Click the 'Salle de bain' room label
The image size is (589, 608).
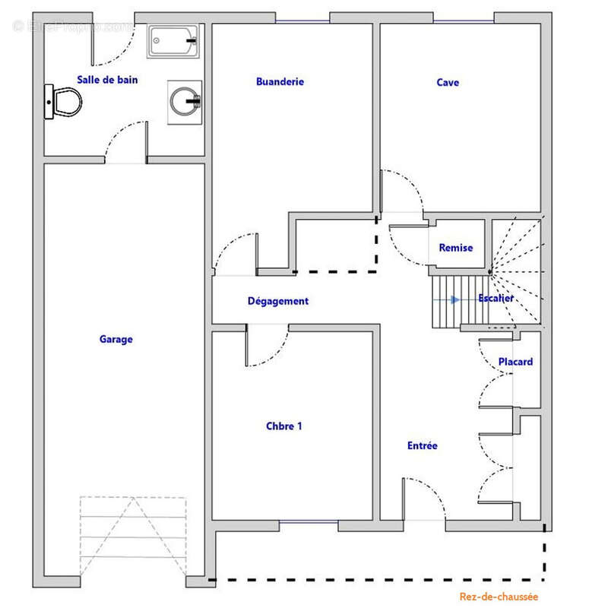(107, 79)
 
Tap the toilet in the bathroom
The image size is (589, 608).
(62, 102)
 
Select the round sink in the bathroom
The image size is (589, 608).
(185, 100)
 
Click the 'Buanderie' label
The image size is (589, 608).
(280, 81)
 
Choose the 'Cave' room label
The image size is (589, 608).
(448, 82)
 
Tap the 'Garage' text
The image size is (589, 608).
(116, 339)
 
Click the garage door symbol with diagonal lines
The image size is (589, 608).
(133, 537)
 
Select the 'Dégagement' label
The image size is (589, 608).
(278, 301)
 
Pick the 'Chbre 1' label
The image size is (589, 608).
(284, 426)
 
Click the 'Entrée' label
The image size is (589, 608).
(422, 446)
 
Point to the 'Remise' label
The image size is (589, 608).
(455, 248)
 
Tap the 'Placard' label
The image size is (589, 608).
(515, 362)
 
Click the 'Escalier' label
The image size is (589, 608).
(496, 299)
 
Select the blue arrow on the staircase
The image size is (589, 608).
(454, 299)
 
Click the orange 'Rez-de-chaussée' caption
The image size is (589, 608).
(499, 597)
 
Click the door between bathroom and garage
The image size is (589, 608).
(124, 143)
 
